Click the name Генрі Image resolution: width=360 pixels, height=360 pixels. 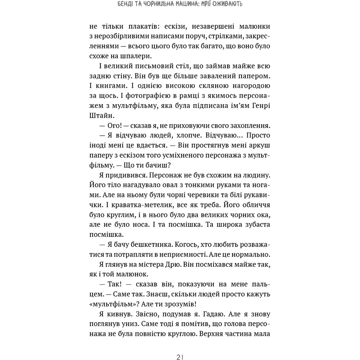tap(259, 106)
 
